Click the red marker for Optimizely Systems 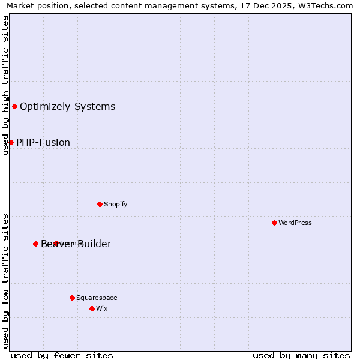(x=14, y=106)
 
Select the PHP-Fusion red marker (x=11, y=142)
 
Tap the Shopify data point (x=100, y=204)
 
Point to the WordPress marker (x=274, y=223)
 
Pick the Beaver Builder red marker (x=35, y=244)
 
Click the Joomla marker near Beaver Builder (x=56, y=244)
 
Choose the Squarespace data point (x=72, y=298)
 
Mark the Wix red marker (x=92, y=308)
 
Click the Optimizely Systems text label (x=67, y=107)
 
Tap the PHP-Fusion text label (x=43, y=143)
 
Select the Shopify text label (x=115, y=204)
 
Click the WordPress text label (x=295, y=223)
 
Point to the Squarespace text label (x=97, y=298)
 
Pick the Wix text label (x=101, y=308)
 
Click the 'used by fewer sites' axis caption (x=62, y=355)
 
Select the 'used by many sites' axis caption (x=301, y=355)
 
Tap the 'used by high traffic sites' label (x=5, y=85)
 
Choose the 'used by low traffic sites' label (x=5, y=280)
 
